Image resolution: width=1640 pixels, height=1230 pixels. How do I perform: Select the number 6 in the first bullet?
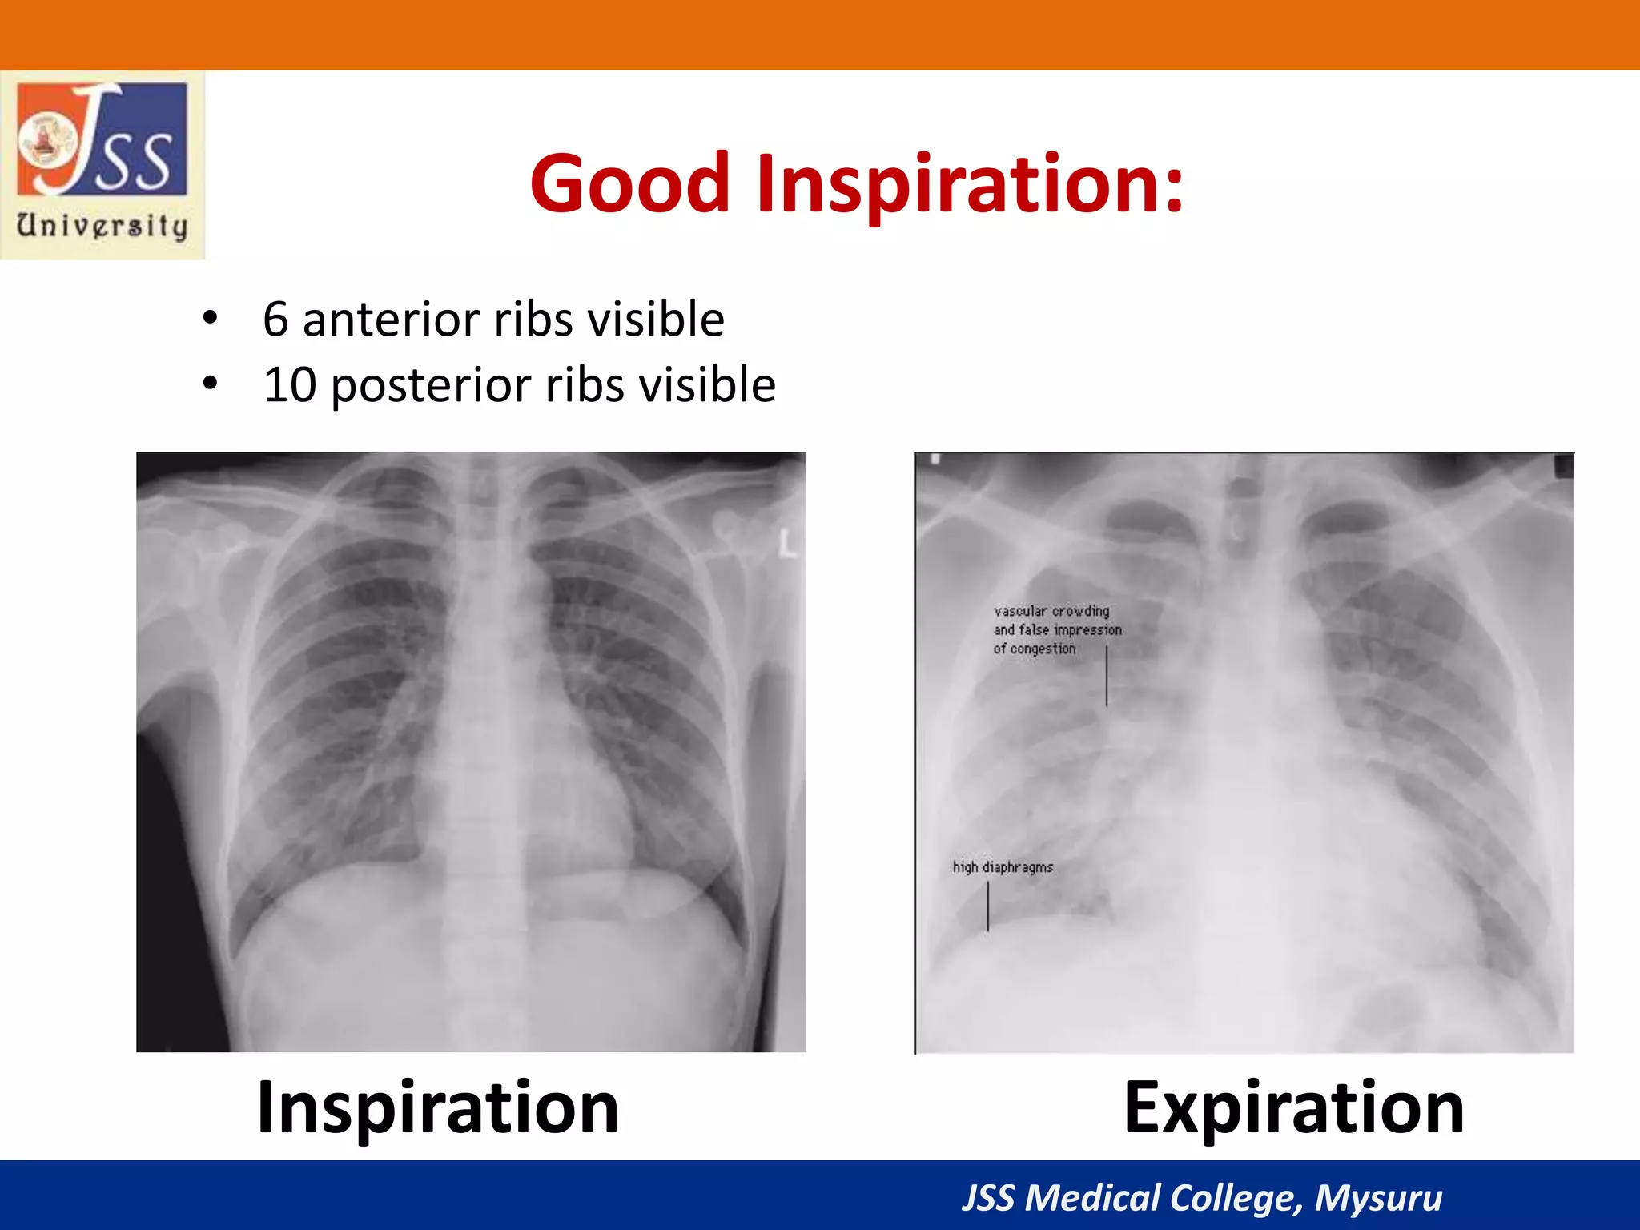[275, 319]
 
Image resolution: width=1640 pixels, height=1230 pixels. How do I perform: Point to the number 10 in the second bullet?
[290, 384]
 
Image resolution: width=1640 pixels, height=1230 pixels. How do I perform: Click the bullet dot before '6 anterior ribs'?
[210, 318]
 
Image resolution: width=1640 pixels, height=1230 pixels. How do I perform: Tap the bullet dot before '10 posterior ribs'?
[210, 384]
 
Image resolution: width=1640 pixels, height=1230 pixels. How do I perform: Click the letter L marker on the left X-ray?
[789, 545]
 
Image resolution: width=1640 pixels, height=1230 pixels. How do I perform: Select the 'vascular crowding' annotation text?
[1051, 611]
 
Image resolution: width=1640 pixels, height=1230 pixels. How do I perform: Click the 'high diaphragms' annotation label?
[1003, 867]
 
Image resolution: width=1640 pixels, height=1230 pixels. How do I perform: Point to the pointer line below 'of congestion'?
[1107, 677]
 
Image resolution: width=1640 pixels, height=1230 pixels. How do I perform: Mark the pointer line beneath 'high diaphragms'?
[988, 906]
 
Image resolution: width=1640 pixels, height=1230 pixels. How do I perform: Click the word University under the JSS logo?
[102, 226]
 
